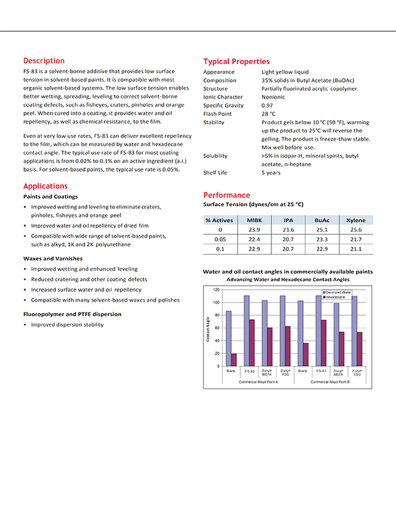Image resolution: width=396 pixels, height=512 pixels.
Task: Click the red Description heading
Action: (x=44, y=61)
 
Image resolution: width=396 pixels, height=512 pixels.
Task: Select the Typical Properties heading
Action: (x=236, y=61)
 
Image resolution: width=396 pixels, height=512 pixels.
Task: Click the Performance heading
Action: (x=226, y=195)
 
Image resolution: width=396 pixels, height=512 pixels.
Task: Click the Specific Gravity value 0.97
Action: (x=267, y=105)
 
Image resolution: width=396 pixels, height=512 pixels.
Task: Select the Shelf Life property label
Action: (x=216, y=172)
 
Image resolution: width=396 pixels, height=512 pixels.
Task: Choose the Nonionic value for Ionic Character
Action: (x=274, y=97)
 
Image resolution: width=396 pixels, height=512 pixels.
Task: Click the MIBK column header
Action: (x=255, y=220)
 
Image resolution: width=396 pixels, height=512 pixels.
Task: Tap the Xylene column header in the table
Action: (x=356, y=220)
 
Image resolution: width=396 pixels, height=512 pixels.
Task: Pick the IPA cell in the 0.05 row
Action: (x=288, y=239)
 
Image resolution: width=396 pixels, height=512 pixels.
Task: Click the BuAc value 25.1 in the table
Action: (x=321, y=230)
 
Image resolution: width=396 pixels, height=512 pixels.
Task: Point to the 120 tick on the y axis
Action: (x=217, y=290)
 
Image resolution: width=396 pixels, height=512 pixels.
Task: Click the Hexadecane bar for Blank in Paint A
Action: (x=234, y=360)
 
